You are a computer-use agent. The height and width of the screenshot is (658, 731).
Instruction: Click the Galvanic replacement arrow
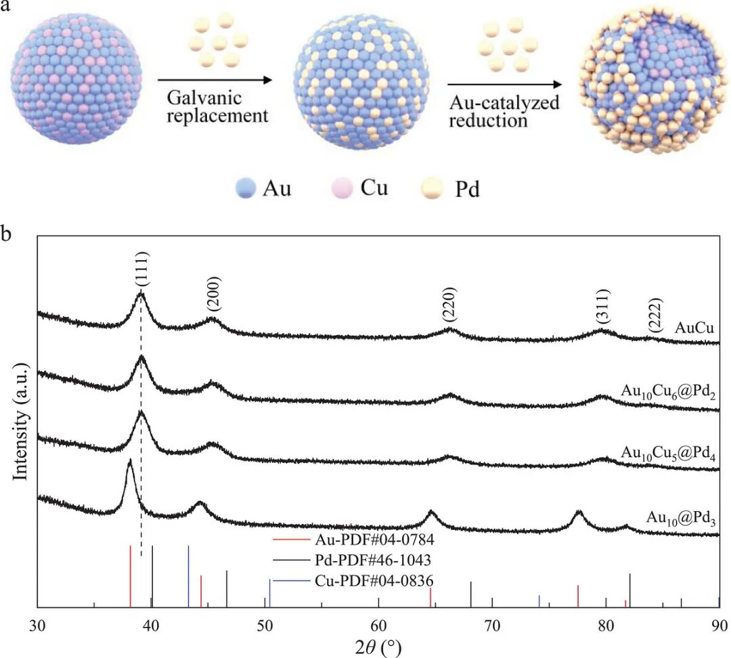coord(215,80)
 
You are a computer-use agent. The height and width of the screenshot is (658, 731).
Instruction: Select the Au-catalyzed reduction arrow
coord(505,85)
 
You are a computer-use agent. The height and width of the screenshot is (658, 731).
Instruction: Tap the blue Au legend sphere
coord(246,188)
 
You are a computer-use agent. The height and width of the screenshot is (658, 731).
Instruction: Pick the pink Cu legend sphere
coord(342,188)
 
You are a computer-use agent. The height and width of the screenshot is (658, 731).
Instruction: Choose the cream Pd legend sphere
coord(432,188)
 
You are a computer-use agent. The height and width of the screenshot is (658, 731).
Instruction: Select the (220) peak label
coord(449,305)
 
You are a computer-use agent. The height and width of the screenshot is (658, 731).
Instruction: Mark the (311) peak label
coord(602,307)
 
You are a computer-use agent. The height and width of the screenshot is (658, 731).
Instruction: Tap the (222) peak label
coord(655,315)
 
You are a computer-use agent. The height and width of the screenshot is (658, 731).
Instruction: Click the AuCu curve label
coord(694,328)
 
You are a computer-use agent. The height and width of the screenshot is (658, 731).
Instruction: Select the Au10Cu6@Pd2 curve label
coord(668,392)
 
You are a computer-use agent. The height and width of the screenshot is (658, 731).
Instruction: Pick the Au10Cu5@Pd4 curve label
coord(668,454)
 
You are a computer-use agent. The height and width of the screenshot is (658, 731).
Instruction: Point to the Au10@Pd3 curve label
coord(681,518)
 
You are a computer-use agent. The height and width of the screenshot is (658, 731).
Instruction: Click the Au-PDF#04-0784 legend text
coord(374,540)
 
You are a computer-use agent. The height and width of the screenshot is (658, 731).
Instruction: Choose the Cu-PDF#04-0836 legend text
coord(374,581)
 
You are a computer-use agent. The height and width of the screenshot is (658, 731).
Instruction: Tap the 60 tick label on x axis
coord(378,625)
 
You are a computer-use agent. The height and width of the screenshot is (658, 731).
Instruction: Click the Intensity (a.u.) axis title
coord(21,421)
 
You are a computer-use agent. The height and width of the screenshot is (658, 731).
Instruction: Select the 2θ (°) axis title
coord(378,648)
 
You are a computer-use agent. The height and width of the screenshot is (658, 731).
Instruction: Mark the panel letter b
coord(6,233)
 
